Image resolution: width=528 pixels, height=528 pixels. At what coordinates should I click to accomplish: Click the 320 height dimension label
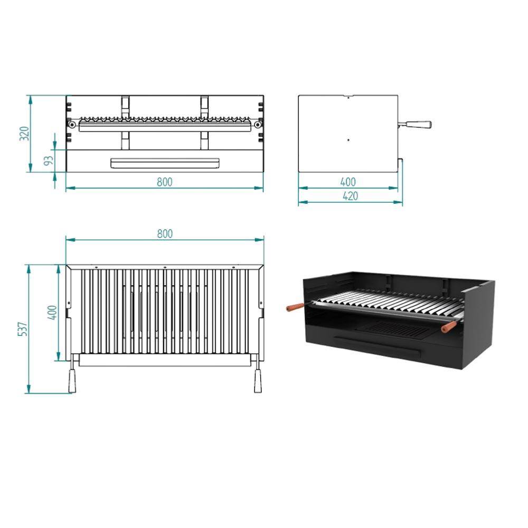coord(24,134)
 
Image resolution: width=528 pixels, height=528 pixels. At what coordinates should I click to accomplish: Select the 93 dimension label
coord(49,161)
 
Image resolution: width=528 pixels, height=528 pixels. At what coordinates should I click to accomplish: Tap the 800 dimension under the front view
coord(165,182)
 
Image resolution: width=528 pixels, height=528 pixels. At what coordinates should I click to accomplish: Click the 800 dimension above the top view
coord(165,234)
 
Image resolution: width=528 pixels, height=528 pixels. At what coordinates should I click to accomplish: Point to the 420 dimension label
coord(350,196)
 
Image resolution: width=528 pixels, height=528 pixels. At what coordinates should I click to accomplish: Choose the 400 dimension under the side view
coord(348,182)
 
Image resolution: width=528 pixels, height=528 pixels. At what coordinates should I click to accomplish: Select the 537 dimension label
coord(23,329)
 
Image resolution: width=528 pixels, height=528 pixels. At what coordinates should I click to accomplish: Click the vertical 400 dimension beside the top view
coord(52,313)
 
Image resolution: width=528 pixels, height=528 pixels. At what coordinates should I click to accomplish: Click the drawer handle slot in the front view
coord(165,163)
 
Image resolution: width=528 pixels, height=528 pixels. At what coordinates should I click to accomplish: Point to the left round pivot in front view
coord(72,125)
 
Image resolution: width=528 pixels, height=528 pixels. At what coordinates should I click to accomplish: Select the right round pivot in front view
coord(258,125)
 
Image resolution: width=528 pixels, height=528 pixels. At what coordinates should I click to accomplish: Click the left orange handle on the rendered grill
coord(295,307)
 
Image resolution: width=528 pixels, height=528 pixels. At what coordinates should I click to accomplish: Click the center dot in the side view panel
coord(348,140)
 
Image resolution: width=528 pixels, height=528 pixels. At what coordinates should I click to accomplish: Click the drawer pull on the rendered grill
coord(377,347)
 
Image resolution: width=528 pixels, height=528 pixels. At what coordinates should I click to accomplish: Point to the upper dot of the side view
coord(348,98)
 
